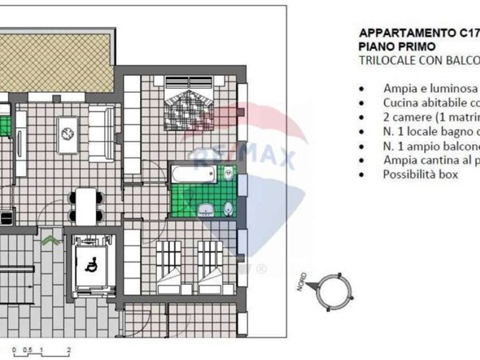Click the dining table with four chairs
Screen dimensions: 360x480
(x=84, y=205)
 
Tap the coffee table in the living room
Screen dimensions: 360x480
(x=67, y=134)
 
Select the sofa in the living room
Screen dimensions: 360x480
(x=100, y=134)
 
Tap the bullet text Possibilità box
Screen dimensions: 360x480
(x=421, y=175)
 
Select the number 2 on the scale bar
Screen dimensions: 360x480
(x=70, y=350)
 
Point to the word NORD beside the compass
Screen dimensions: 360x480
(x=305, y=282)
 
